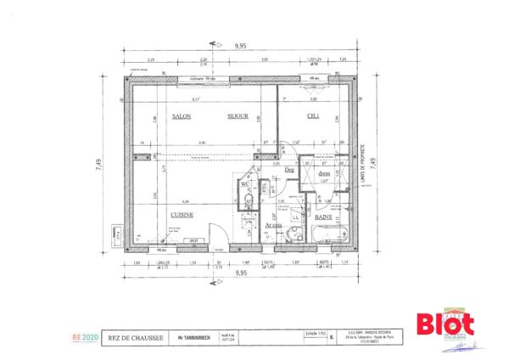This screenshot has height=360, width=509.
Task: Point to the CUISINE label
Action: pyautogui.click(x=182, y=215)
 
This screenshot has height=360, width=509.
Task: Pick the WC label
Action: pyautogui.click(x=243, y=184)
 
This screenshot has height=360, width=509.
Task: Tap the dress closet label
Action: pyautogui.click(x=323, y=173)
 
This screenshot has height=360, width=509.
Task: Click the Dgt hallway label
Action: pyautogui.click(x=289, y=170)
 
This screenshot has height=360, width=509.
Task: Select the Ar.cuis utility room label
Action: pyautogui.click(x=272, y=225)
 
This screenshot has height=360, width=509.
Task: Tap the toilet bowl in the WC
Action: pyautogui.click(x=246, y=201)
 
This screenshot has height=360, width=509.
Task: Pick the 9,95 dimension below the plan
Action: pyautogui.click(x=241, y=274)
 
